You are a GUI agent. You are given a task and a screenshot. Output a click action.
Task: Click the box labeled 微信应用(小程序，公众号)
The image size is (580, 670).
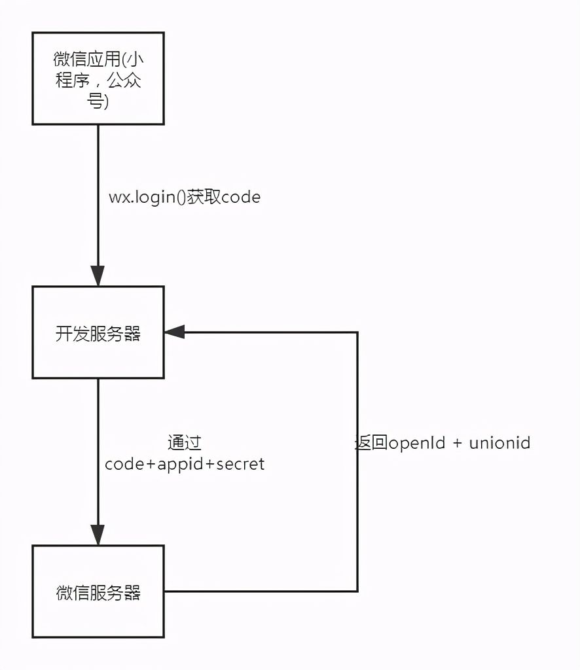tap(98, 78)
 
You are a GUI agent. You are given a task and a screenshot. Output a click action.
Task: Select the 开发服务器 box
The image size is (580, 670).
tap(98, 332)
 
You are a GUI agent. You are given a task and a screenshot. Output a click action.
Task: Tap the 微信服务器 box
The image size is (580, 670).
tap(98, 591)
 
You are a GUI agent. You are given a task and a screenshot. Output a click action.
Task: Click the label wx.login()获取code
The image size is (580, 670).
tap(184, 197)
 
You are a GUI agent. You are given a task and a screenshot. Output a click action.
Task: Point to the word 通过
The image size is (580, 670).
tap(184, 443)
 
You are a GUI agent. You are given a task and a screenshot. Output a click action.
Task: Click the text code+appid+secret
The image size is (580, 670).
tap(185, 464)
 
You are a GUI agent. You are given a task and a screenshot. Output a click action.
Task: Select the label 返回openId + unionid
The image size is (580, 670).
tap(443, 443)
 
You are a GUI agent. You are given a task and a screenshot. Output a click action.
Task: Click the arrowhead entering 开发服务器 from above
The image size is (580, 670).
tap(98, 276)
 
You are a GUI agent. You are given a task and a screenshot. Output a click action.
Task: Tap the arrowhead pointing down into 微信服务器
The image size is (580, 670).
tap(98, 535)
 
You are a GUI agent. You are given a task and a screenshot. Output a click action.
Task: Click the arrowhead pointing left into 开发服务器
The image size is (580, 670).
tap(175, 332)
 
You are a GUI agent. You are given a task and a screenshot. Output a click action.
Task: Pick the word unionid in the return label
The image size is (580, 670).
tap(499, 443)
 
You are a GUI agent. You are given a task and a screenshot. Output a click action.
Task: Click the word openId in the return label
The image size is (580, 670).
tap(417, 443)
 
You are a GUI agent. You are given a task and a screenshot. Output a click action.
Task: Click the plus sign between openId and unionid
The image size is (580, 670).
tap(457, 444)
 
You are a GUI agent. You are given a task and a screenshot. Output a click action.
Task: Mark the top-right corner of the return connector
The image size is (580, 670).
tap(357, 332)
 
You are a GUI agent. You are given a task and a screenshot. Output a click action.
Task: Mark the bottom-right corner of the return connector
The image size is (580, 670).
tap(357, 591)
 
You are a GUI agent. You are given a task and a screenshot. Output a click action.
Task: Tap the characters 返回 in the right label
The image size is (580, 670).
tap(372, 443)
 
